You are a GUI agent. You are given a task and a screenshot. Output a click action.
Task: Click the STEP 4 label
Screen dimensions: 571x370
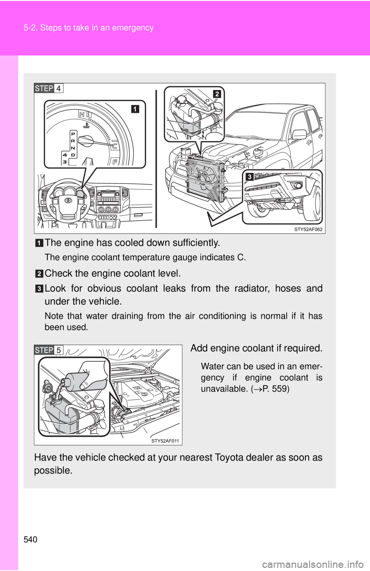click(x=49, y=88)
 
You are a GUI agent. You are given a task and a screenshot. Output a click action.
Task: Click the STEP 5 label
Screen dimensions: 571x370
click(x=49, y=350)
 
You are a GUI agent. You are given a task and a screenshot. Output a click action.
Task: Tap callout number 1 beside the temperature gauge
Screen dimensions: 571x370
click(x=135, y=109)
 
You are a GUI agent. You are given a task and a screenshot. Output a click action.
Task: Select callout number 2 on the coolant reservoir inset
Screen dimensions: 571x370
click(x=217, y=94)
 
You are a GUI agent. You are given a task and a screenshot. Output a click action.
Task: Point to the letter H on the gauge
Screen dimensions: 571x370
click(x=82, y=114)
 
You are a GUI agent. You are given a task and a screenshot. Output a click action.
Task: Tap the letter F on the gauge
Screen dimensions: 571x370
click(x=115, y=162)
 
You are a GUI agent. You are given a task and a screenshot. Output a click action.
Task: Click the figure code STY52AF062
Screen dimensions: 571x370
click(x=308, y=229)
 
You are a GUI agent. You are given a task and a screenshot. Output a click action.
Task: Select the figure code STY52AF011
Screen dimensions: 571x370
click(x=165, y=441)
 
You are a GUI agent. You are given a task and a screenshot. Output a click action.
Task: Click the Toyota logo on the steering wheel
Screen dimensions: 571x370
click(x=69, y=200)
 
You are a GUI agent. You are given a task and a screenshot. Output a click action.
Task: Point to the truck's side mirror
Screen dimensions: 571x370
click(x=299, y=134)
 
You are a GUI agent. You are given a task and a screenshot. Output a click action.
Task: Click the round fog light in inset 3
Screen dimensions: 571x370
click(x=298, y=186)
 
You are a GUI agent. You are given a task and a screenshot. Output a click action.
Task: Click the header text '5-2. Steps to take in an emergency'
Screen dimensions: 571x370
click(x=88, y=28)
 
